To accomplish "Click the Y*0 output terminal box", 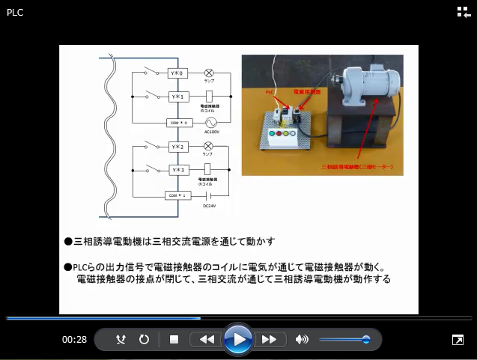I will [x=177, y=73].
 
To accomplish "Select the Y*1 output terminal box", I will [x=177, y=97].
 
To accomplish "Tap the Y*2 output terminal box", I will [x=177, y=146].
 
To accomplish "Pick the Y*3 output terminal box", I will [x=177, y=170].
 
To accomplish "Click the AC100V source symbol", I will [x=210, y=121].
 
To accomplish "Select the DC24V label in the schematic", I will [x=210, y=204].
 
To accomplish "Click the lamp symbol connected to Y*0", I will [x=209, y=73].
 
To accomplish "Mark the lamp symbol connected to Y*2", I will [x=209, y=146].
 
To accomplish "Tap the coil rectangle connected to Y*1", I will [x=210, y=97].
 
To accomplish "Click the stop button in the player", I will [x=174, y=340].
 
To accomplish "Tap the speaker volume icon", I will [x=302, y=340].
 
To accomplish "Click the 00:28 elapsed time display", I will [x=74, y=340].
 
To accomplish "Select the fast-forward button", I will [x=269, y=340].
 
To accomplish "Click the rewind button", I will [x=207, y=340].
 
